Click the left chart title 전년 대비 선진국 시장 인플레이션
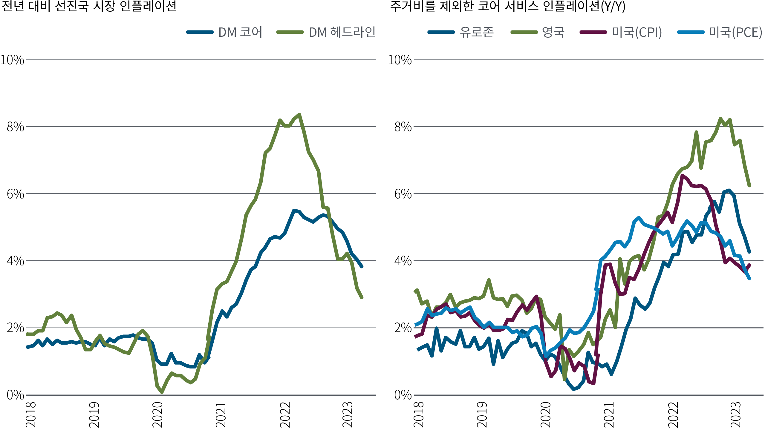(89, 7)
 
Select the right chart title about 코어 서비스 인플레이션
(508, 7)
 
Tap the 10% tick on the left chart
(13, 60)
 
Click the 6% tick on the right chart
(403, 194)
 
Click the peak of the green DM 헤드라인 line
(299, 114)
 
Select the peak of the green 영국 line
(720, 119)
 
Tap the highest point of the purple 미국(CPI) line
(682, 176)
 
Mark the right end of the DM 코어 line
(362, 266)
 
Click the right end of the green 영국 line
(749, 185)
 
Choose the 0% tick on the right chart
(403, 395)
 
